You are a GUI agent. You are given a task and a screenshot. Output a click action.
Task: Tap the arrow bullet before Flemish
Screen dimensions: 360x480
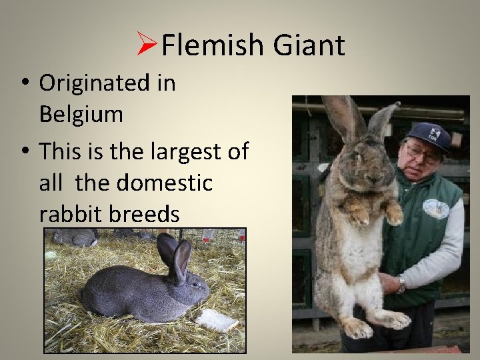coord(146,46)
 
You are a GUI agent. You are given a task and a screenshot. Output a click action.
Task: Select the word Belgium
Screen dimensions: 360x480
coord(81,114)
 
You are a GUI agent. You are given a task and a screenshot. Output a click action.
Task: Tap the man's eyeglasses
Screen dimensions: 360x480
coord(421,151)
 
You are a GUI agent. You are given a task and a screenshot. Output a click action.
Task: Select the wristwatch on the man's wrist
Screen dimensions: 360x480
coord(400,285)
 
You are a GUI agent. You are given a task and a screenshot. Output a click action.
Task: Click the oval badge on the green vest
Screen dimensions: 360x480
coord(435,209)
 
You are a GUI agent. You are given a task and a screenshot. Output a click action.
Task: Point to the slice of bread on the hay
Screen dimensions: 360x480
coord(216,319)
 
